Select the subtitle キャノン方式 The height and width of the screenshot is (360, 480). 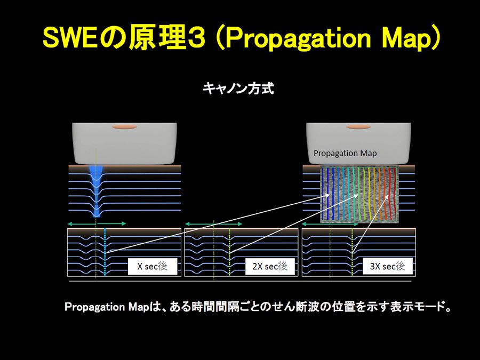[238, 89]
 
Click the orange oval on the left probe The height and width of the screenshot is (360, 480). [124, 127]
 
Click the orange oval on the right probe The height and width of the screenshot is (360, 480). [359, 127]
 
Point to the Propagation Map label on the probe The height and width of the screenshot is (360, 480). [345, 153]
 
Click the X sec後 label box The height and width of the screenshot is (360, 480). [153, 266]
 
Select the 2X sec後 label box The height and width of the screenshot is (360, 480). [270, 266]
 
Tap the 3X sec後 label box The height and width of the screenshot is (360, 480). [388, 266]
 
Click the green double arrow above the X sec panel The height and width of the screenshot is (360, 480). [97, 224]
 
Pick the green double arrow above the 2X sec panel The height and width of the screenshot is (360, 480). [214, 224]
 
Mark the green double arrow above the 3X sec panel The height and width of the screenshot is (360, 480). [330, 224]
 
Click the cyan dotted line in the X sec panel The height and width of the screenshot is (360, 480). [105, 252]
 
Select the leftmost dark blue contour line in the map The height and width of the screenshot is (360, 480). [323, 194]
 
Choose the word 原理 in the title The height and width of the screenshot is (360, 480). [157, 38]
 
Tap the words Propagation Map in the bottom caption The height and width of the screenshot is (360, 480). [107, 307]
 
